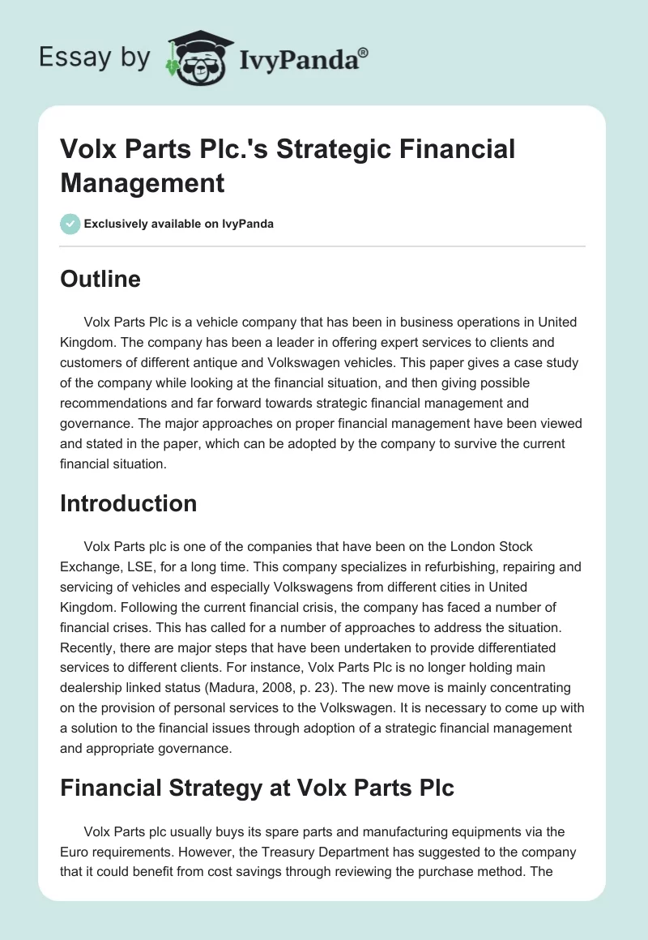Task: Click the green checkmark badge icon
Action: (70, 224)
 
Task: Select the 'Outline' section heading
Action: (100, 279)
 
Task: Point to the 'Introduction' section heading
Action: (128, 503)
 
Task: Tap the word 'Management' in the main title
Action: (142, 182)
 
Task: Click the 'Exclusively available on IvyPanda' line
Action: (179, 224)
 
